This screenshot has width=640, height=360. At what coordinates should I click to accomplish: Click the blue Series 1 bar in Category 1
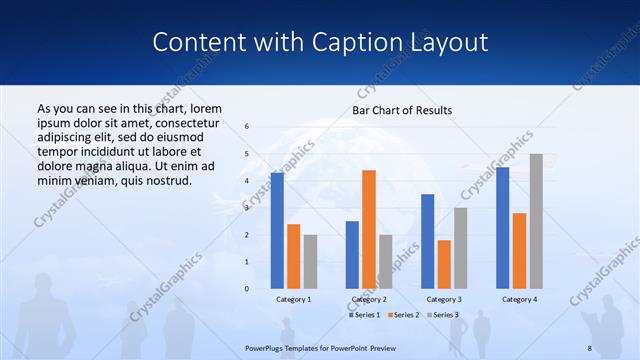pyautogui.click(x=277, y=231)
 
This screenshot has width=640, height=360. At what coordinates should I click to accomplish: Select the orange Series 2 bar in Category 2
pyautogui.click(x=368, y=229)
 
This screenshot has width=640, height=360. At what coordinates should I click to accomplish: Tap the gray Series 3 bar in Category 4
pyautogui.click(x=536, y=221)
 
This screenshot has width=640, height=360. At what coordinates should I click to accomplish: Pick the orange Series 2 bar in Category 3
pyautogui.click(x=444, y=264)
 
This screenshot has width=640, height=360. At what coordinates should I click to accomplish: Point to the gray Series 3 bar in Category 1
pyautogui.click(x=310, y=262)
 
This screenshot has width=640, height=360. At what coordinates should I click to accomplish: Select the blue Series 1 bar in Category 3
pyautogui.click(x=427, y=241)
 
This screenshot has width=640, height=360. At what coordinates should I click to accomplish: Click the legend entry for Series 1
pyautogui.click(x=364, y=315)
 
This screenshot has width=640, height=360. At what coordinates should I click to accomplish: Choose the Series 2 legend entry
pyautogui.click(x=402, y=315)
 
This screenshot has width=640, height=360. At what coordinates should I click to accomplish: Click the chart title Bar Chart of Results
pyautogui.click(x=402, y=110)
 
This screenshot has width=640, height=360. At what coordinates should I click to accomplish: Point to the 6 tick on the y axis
pyautogui.click(x=247, y=127)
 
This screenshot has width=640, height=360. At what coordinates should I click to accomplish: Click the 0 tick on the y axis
pyautogui.click(x=247, y=289)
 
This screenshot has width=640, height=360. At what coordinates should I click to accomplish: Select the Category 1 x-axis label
pyautogui.click(x=293, y=299)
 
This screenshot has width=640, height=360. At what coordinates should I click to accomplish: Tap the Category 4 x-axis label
pyautogui.click(x=519, y=299)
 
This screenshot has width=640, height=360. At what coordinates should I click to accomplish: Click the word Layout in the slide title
pyautogui.click(x=441, y=43)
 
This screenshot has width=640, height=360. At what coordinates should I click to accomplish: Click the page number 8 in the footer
pyautogui.click(x=589, y=346)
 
